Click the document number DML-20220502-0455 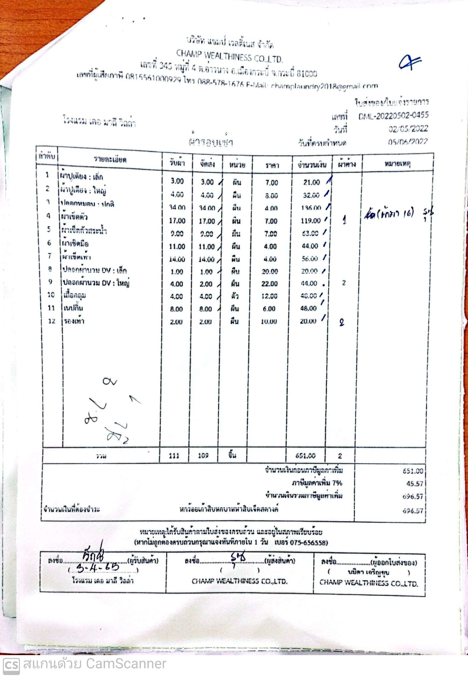point(393,116)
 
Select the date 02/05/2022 point(408,129)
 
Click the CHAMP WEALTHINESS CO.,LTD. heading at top point(229,56)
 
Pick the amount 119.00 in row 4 point(310,221)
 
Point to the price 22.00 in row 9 point(269,284)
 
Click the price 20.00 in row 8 point(270,271)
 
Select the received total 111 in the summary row point(174,456)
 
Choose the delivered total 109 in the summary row point(203,456)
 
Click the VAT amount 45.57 point(415,484)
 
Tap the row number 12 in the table point(52,321)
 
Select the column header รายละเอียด point(110,160)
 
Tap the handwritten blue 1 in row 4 point(344,221)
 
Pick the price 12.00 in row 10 point(269,296)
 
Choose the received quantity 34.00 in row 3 point(177,207)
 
